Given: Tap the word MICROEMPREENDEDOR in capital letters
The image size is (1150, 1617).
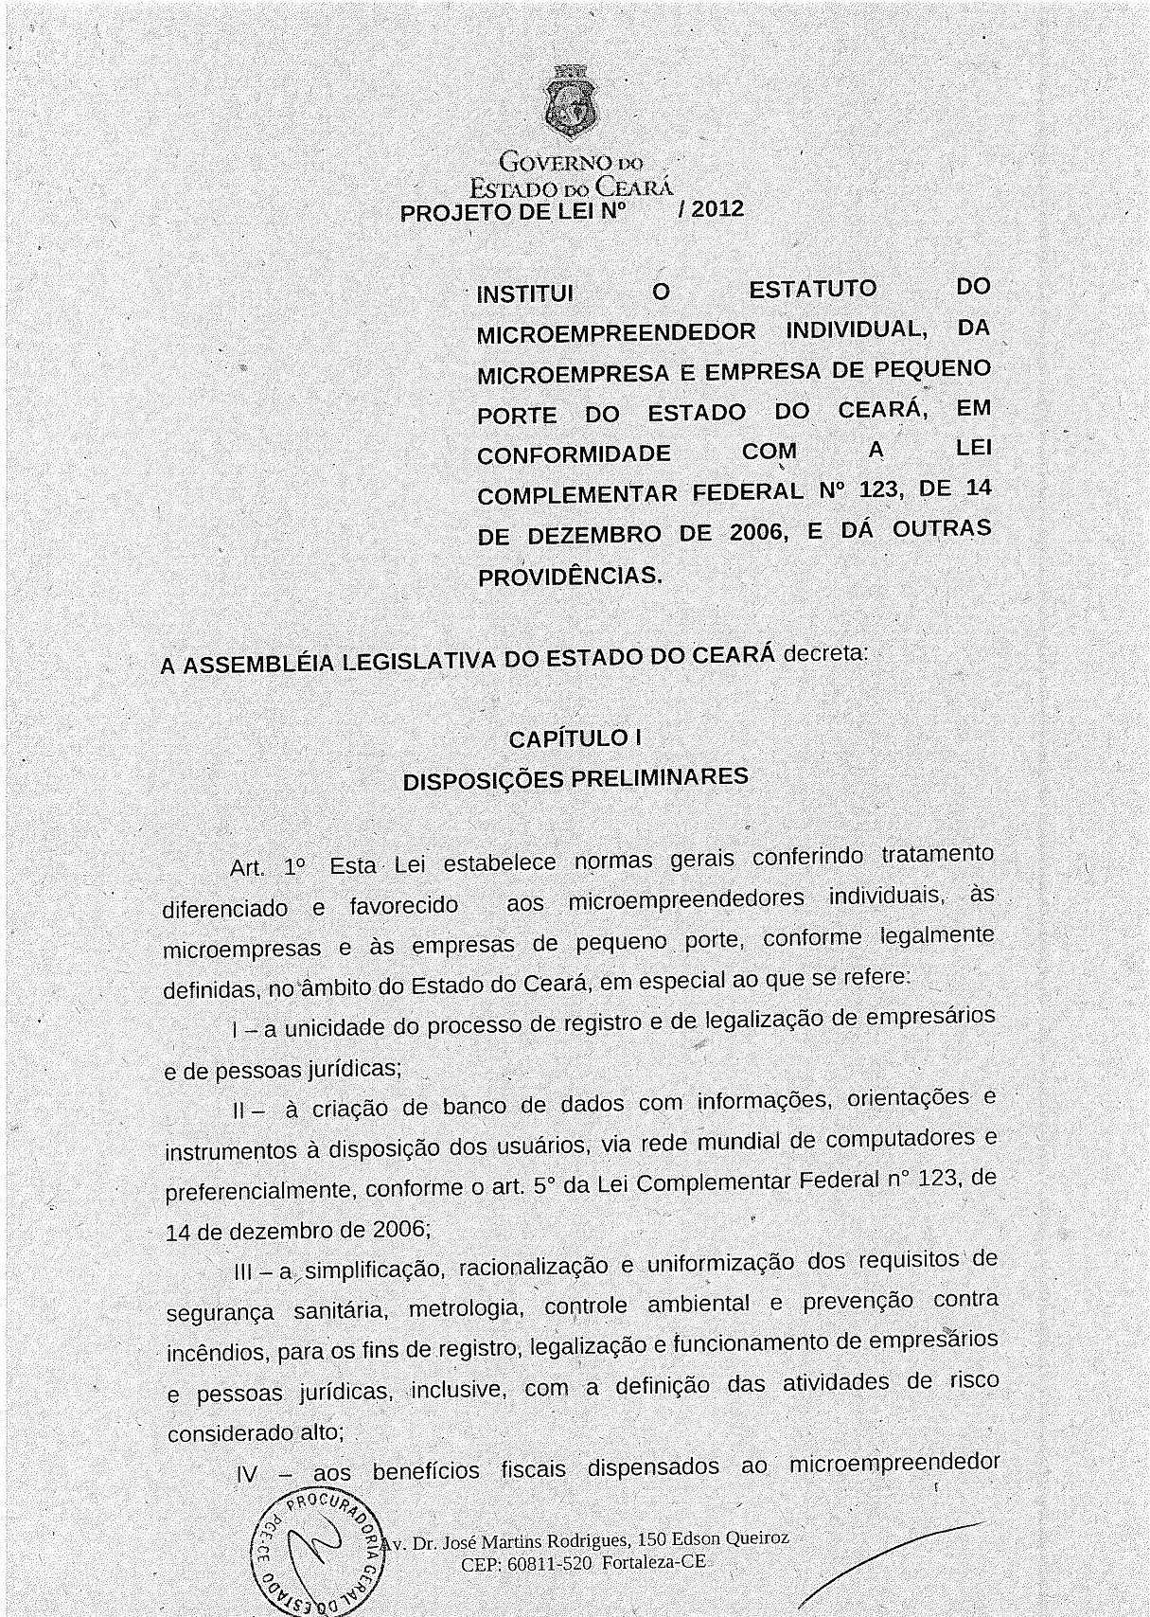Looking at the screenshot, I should point(616,334).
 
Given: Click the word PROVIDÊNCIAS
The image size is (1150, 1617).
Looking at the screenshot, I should point(571,576).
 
